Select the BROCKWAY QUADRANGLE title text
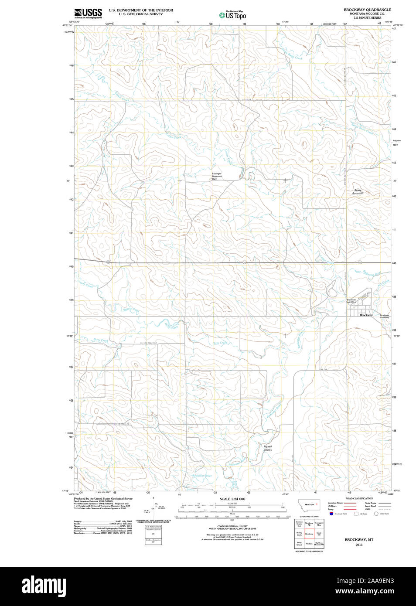coord(367,10)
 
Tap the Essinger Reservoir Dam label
coord(217,176)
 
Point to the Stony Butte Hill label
coord(358,191)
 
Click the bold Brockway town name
coord(366,315)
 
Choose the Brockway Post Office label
coord(351,301)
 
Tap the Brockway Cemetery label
coord(384,316)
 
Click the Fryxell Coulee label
coord(268,448)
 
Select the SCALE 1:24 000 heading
coord(232,499)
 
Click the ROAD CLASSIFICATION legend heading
coord(359,498)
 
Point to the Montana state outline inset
coord(309,505)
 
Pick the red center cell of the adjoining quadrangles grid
coord(309,534)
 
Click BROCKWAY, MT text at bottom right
coord(359,540)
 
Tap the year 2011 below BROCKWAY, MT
coord(359,545)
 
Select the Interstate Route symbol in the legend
coord(347,503)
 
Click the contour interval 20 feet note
coord(232,526)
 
